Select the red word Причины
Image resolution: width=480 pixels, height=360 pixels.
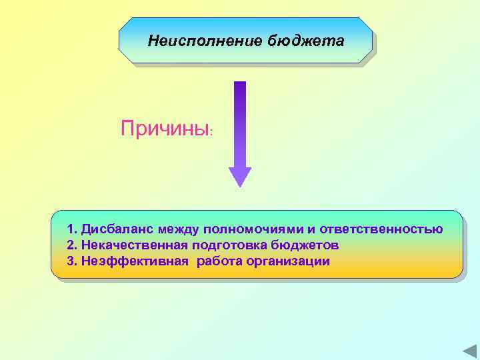coord(165,127)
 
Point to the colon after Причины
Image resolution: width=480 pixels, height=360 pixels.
coord(212,132)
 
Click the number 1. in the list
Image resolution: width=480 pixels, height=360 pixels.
coord(72,229)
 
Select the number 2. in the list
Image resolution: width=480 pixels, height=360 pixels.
coord(72,245)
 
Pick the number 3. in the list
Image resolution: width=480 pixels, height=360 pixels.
coord(72,261)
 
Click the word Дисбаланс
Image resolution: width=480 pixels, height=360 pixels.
coord(116,229)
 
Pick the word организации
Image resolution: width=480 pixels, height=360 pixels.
coord(288,261)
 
